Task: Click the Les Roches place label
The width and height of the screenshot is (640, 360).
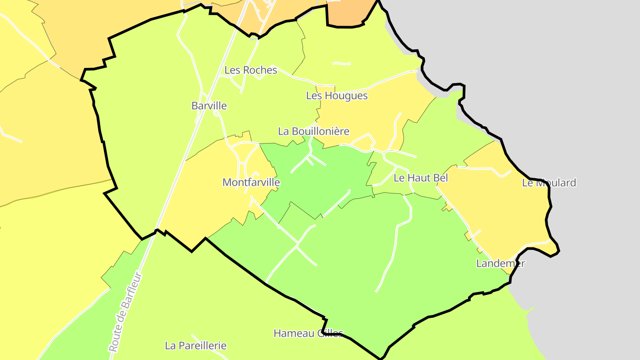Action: (251, 70)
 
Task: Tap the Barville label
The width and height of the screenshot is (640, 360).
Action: (209, 106)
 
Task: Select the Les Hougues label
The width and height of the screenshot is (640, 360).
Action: (337, 96)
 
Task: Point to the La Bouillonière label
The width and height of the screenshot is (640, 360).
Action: (313, 132)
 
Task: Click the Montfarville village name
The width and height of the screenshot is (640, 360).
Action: (251, 182)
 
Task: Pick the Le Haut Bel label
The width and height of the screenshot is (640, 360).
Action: (420, 178)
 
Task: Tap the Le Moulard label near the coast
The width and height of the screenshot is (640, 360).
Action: (549, 183)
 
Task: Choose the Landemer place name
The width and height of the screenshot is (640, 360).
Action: (500, 263)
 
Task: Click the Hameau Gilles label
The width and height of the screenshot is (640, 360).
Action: (308, 333)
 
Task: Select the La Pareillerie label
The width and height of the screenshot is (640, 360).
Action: (196, 345)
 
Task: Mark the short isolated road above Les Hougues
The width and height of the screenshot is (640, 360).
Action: (341, 64)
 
